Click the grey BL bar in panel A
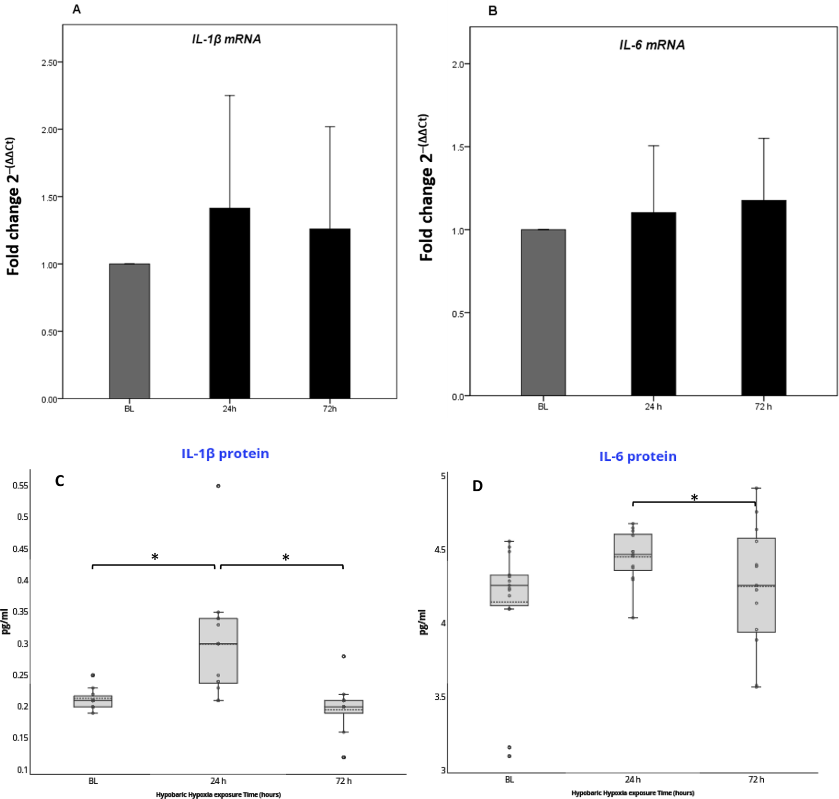pyautogui.click(x=129, y=331)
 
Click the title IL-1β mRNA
pyautogui.click(x=226, y=39)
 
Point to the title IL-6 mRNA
pyautogui.click(x=652, y=45)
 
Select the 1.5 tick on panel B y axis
pyautogui.click(x=459, y=147)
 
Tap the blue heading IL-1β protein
pyautogui.click(x=225, y=453)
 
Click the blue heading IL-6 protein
pyautogui.click(x=638, y=456)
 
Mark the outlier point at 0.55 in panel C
pyautogui.click(x=218, y=486)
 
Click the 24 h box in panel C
pyautogui.click(x=218, y=650)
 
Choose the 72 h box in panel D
pyautogui.click(x=756, y=585)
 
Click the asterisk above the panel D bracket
pyautogui.click(x=694, y=497)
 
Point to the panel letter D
pyautogui.click(x=477, y=486)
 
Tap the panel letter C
pyautogui.click(x=59, y=481)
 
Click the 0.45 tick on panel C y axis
pyautogui.click(x=20, y=549)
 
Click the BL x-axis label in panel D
pyautogui.click(x=509, y=779)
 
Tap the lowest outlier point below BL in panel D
pyautogui.click(x=509, y=756)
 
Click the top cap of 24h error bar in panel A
pyautogui.click(x=229, y=95)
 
